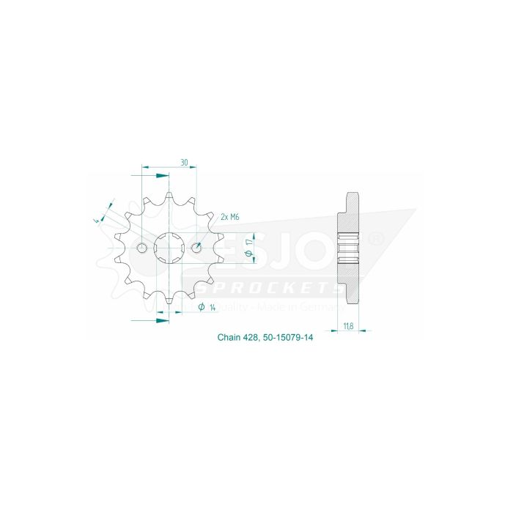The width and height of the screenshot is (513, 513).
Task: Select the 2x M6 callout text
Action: [230, 217]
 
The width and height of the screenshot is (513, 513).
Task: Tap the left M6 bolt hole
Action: [142, 249]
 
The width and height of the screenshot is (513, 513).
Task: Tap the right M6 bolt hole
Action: [196, 249]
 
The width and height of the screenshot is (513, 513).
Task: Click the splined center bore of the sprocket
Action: [169, 249]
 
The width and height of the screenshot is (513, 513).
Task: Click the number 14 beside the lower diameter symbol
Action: [212, 307]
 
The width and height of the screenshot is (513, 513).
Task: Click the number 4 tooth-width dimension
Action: [96, 219]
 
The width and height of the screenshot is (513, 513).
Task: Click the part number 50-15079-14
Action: [289, 338]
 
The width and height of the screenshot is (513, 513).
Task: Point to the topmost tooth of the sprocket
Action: [169, 196]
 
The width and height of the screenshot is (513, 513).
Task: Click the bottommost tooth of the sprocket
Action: [169, 302]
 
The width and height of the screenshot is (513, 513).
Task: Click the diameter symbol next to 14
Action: [201, 306]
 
